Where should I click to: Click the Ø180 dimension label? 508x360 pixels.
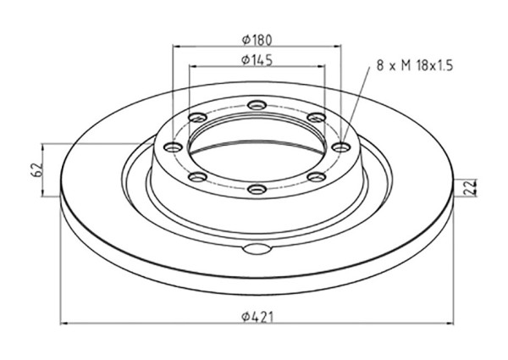click(x=257, y=40)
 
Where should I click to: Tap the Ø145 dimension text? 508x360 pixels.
click(x=257, y=60)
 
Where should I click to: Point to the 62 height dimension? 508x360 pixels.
click(x=37, y=169)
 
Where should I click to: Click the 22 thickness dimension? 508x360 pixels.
click(x=469, y=187)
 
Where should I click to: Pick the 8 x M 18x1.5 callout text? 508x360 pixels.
click(x=414, y=66)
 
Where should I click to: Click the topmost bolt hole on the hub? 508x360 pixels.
click(x=257, y=105)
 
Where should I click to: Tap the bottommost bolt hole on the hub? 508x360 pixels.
click(x=257, y=189)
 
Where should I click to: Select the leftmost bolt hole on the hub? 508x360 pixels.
click(x=174, y=147)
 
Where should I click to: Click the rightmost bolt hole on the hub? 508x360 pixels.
click(x=341, y=147)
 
